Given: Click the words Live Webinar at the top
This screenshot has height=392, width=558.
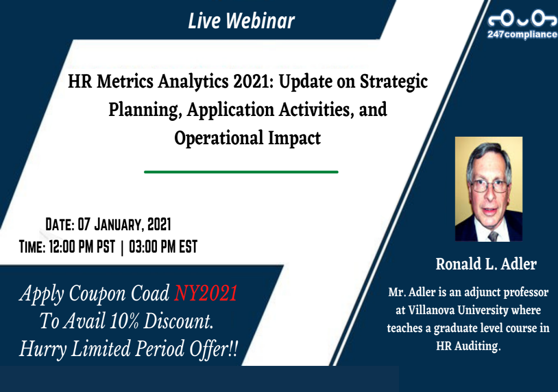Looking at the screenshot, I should pyautogui.click(x=241, y=21).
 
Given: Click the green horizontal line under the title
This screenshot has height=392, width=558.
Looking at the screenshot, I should pyautogui.click(x=241, y=171).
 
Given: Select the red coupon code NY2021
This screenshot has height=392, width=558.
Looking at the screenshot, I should pyautogui.click(x=206, y=294).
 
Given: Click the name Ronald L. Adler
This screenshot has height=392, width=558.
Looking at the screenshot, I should pyautogui.click(x=486, y=265).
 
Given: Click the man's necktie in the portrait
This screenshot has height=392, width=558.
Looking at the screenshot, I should pyautogui.click(x=493, y=236).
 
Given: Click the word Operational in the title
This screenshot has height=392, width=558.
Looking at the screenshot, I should pyautogui.click(x=219, y=138).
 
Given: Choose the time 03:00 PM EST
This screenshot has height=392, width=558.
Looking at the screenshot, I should pyautogui.click(x=163, y=247).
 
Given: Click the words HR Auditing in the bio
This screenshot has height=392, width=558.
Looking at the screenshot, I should pyautogui.click(x=468, y=346).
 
